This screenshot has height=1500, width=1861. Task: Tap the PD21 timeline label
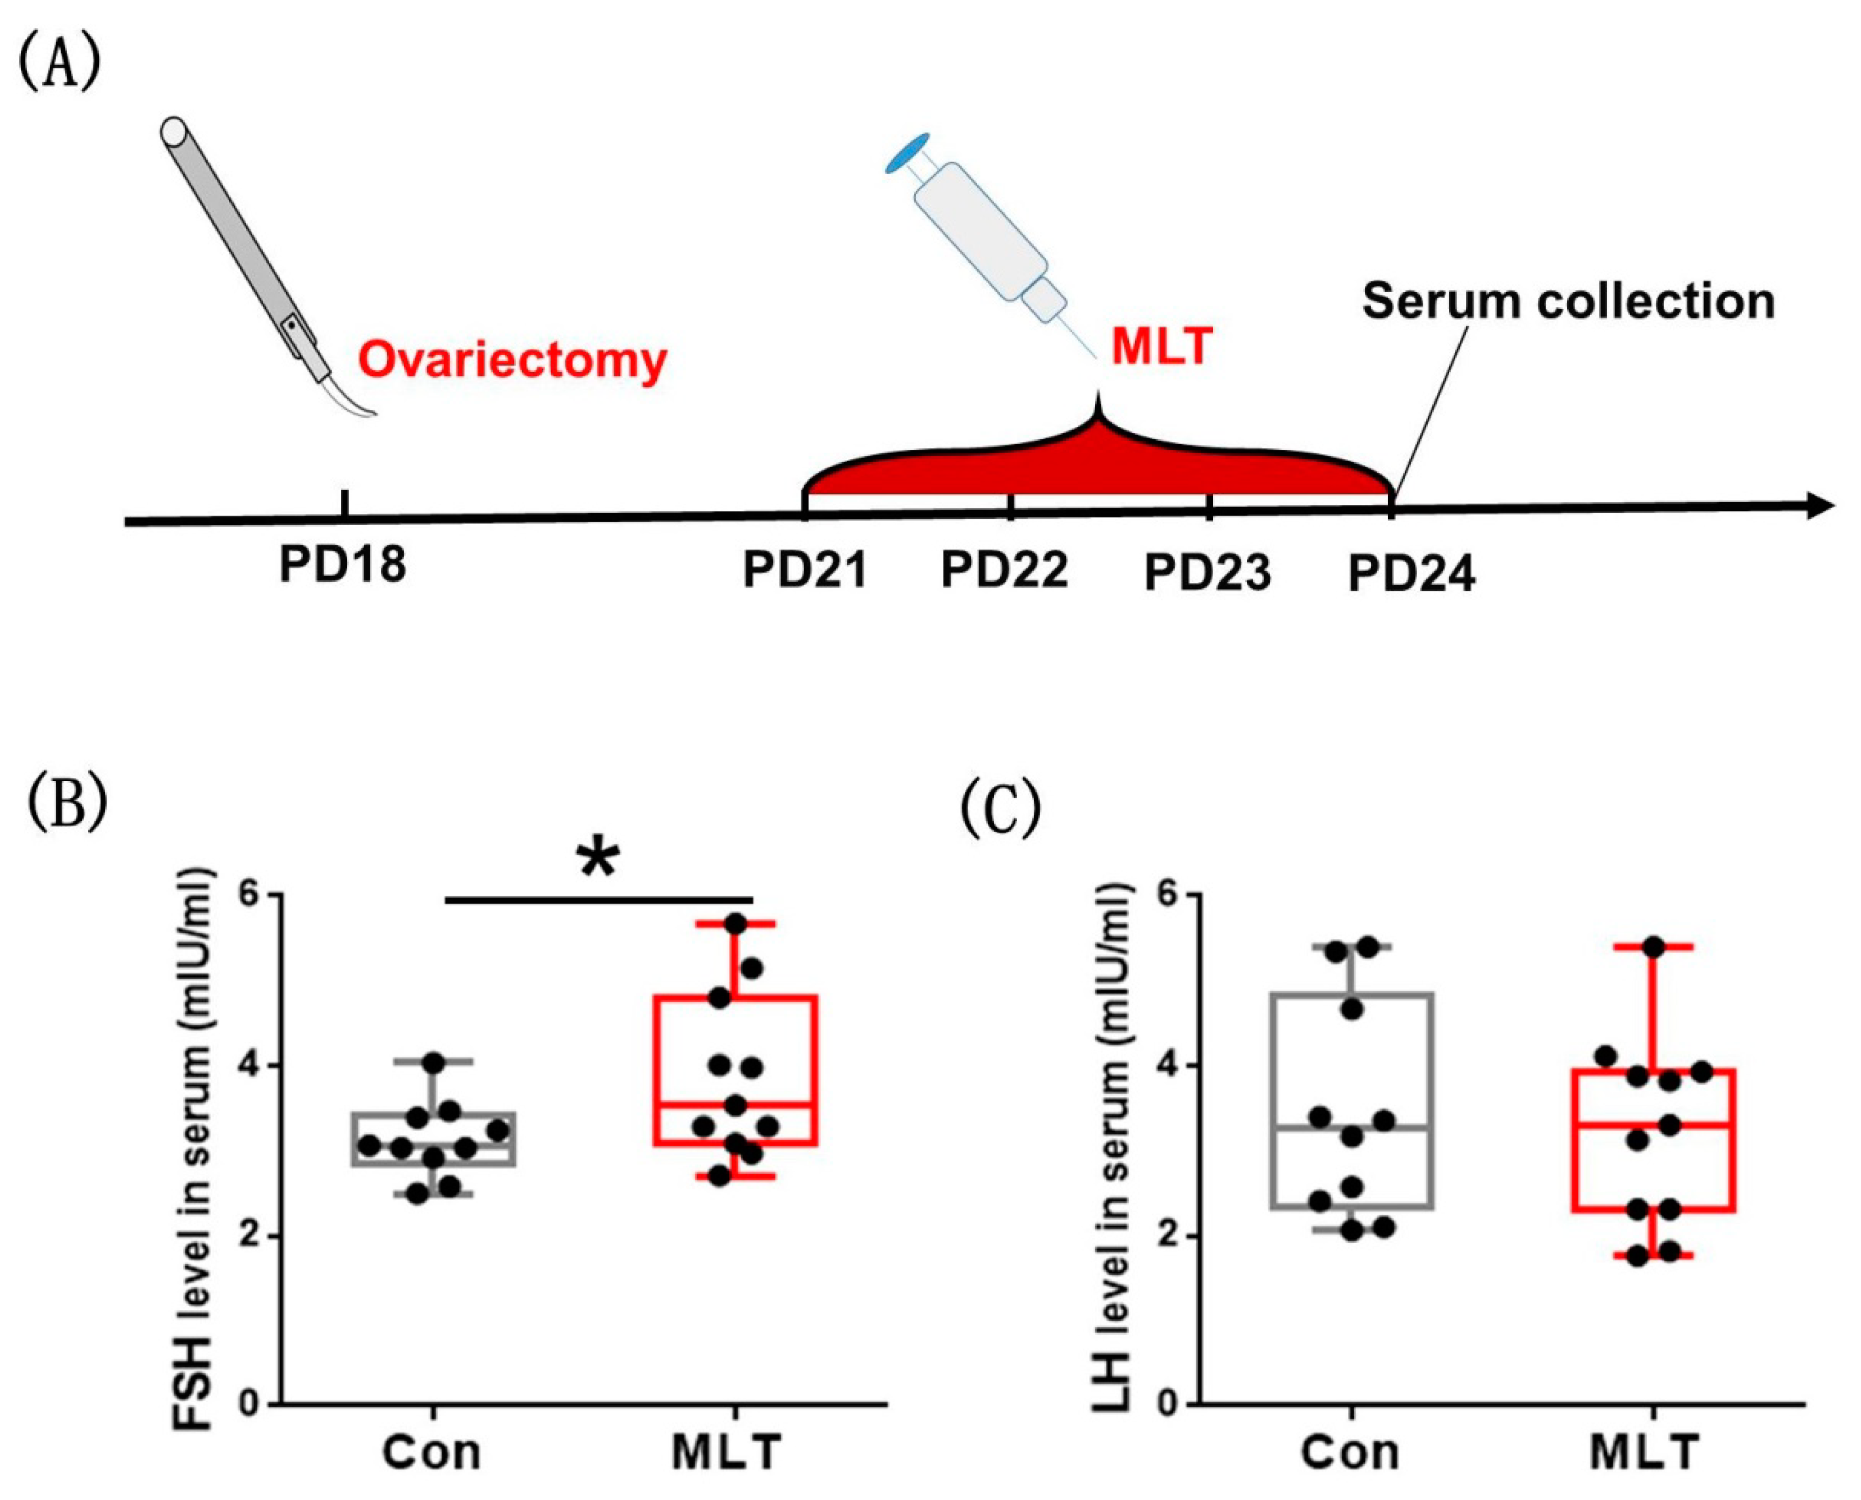pyautogui.click(x=805, y=570)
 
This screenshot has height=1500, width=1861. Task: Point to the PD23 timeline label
pyautogui.click(x=1208, y=572)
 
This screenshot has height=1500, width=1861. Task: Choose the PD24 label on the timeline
pyautogui.click(x=1411, y=574)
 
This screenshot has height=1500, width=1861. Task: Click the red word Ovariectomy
pyautogui.click(x=512, y=359)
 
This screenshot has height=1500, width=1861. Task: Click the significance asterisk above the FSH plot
pyautogui.click(x=598, y=860)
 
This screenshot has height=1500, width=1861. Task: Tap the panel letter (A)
pyautogui.click(x=60, y=62)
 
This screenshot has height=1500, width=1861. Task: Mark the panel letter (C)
pyautogui.click(x=1000, y=810)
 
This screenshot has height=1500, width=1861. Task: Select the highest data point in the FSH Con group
pyautogui.click(x=434, y=1061)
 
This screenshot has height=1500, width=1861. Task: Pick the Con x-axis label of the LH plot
pyautogui.click(x=1350, y=1452)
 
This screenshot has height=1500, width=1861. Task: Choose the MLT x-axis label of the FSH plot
pyautogui.click(x=726, y=1452)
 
